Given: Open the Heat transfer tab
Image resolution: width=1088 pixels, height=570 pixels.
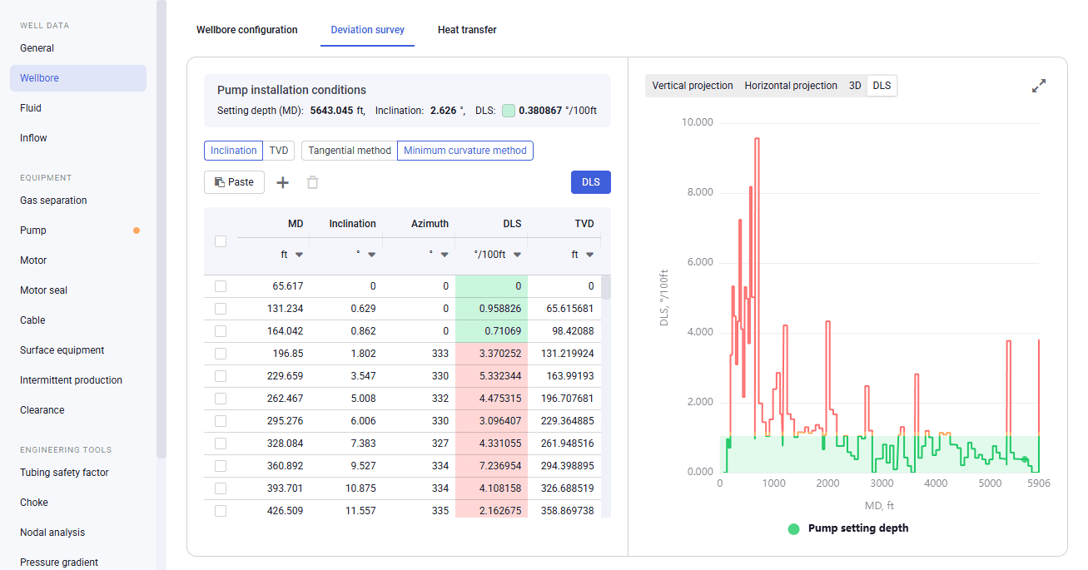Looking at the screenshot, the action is (x=467, y=30).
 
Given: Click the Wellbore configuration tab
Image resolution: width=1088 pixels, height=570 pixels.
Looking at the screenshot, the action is (x=246, y=30).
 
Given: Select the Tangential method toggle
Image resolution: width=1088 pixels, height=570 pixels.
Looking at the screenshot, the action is (x=350, y=151).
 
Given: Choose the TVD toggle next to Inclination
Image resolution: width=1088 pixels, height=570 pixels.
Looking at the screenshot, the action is (x=279, y=151).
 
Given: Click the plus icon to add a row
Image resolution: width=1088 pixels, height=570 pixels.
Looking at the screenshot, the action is (x=283, y=182).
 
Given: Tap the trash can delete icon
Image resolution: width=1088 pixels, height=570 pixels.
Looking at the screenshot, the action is (x=312, y=182).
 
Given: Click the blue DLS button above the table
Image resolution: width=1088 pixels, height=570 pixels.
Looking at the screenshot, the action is (x=591, y=182).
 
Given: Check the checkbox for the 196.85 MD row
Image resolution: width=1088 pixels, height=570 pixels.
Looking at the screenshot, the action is (x=221, y=354).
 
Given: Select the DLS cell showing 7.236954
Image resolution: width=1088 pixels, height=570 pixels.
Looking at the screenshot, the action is (x=491, y=466).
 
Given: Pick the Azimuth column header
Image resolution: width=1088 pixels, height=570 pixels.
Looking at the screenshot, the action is (x=430, y=224).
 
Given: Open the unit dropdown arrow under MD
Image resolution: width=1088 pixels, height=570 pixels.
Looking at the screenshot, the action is (x=299, y=255).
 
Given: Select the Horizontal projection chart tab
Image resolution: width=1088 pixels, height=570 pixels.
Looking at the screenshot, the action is (x=791, y=86).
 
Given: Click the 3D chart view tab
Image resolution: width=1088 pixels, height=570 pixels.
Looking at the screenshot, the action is (x=855, y=86).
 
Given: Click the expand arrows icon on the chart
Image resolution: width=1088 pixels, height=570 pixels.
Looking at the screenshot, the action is (x=1039, y=86).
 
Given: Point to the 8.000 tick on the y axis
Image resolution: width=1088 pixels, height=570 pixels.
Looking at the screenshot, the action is (x=700, y=192).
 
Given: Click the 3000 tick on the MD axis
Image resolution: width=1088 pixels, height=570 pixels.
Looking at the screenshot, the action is (x=882, y=483).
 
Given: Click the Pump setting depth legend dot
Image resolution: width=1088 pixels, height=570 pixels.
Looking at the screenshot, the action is (x=793, y=528).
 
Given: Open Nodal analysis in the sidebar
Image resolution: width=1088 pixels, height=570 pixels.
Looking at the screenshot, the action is (x=52, y=533).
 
